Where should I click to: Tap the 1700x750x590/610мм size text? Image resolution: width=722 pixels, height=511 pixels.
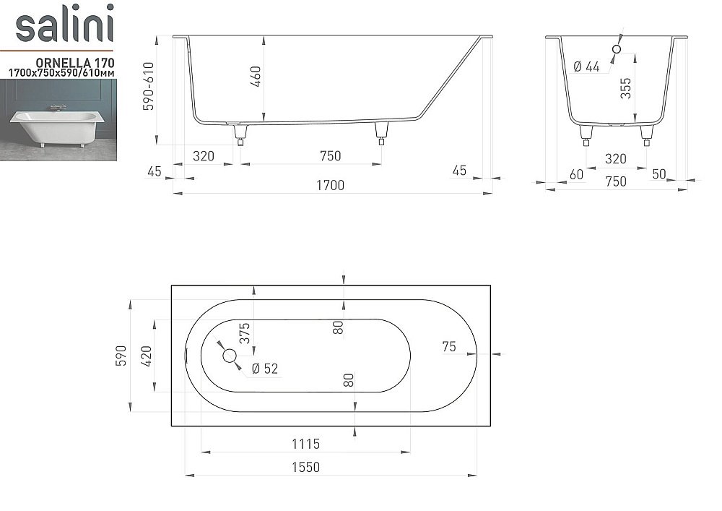click(61, 73)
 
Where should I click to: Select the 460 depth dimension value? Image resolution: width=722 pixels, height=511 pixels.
click(256, 76)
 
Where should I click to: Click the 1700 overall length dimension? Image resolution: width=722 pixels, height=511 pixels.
click(330, 185)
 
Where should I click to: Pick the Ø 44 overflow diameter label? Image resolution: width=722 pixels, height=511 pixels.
click(586, 66)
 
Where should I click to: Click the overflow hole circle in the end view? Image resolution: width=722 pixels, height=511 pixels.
click(616, 49)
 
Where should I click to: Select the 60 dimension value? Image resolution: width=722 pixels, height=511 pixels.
click(576, 173)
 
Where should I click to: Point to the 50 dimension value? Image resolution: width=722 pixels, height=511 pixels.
click(658, 173)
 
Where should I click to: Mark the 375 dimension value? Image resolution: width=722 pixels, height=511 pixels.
click(245, 332)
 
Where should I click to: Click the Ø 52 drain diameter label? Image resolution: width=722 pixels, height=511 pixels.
click(264, 369)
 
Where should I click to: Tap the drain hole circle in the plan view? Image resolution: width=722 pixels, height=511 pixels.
click(230, 356)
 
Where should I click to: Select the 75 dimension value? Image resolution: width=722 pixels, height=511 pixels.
click(448, 347)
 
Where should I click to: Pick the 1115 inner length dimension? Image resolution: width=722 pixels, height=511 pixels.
click(305, 444)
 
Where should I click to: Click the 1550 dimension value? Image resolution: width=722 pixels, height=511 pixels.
click(305, 467)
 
